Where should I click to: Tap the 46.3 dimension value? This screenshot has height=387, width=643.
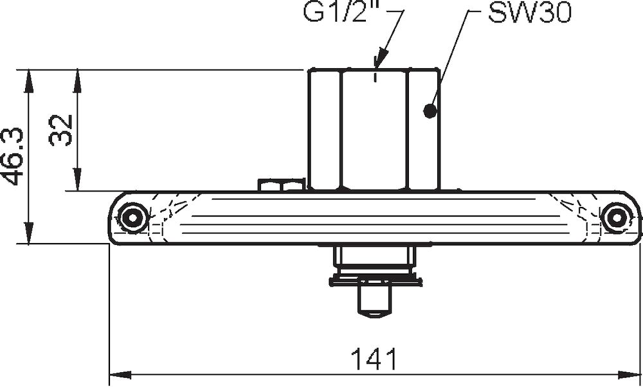[15, 156]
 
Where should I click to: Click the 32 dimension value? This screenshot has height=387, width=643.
[61, 130]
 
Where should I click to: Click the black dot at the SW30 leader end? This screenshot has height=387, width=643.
[430, 111]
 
